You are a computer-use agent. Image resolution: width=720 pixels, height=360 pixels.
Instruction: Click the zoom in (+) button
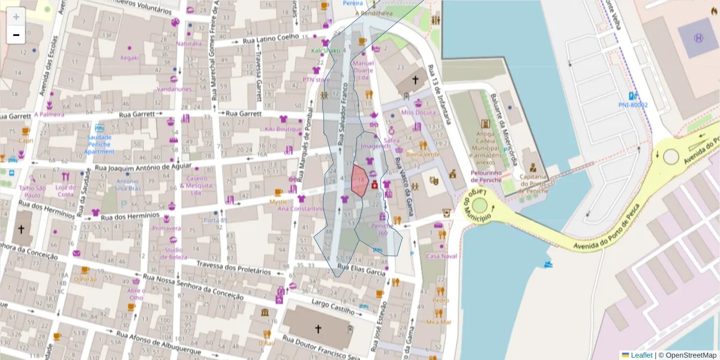pos(16,16)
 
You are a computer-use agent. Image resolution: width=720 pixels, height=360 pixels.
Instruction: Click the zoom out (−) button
pos(16,35)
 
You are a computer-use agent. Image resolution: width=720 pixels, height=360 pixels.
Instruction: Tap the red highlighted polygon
pos(359,181)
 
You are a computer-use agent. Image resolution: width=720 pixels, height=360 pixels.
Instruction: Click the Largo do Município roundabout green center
pos(479,205)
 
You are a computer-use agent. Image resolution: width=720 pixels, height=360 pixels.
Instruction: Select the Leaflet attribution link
pos(641,355)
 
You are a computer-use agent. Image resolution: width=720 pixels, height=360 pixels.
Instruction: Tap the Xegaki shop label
pos(130,58)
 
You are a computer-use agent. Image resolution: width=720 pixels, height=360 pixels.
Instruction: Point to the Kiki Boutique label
pos(283,129)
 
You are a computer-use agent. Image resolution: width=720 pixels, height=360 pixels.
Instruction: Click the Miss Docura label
pos(418,112)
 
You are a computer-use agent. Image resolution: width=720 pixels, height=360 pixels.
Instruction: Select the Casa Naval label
pos(442,256)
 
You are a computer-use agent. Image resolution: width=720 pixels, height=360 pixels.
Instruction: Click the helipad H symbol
pos(698,38)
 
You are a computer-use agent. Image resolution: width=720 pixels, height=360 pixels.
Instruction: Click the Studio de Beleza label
pos(174,253)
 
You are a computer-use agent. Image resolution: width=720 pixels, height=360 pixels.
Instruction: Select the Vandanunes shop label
pos(174,89)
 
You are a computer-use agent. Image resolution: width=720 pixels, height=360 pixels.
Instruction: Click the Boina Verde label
pos(422,154)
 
